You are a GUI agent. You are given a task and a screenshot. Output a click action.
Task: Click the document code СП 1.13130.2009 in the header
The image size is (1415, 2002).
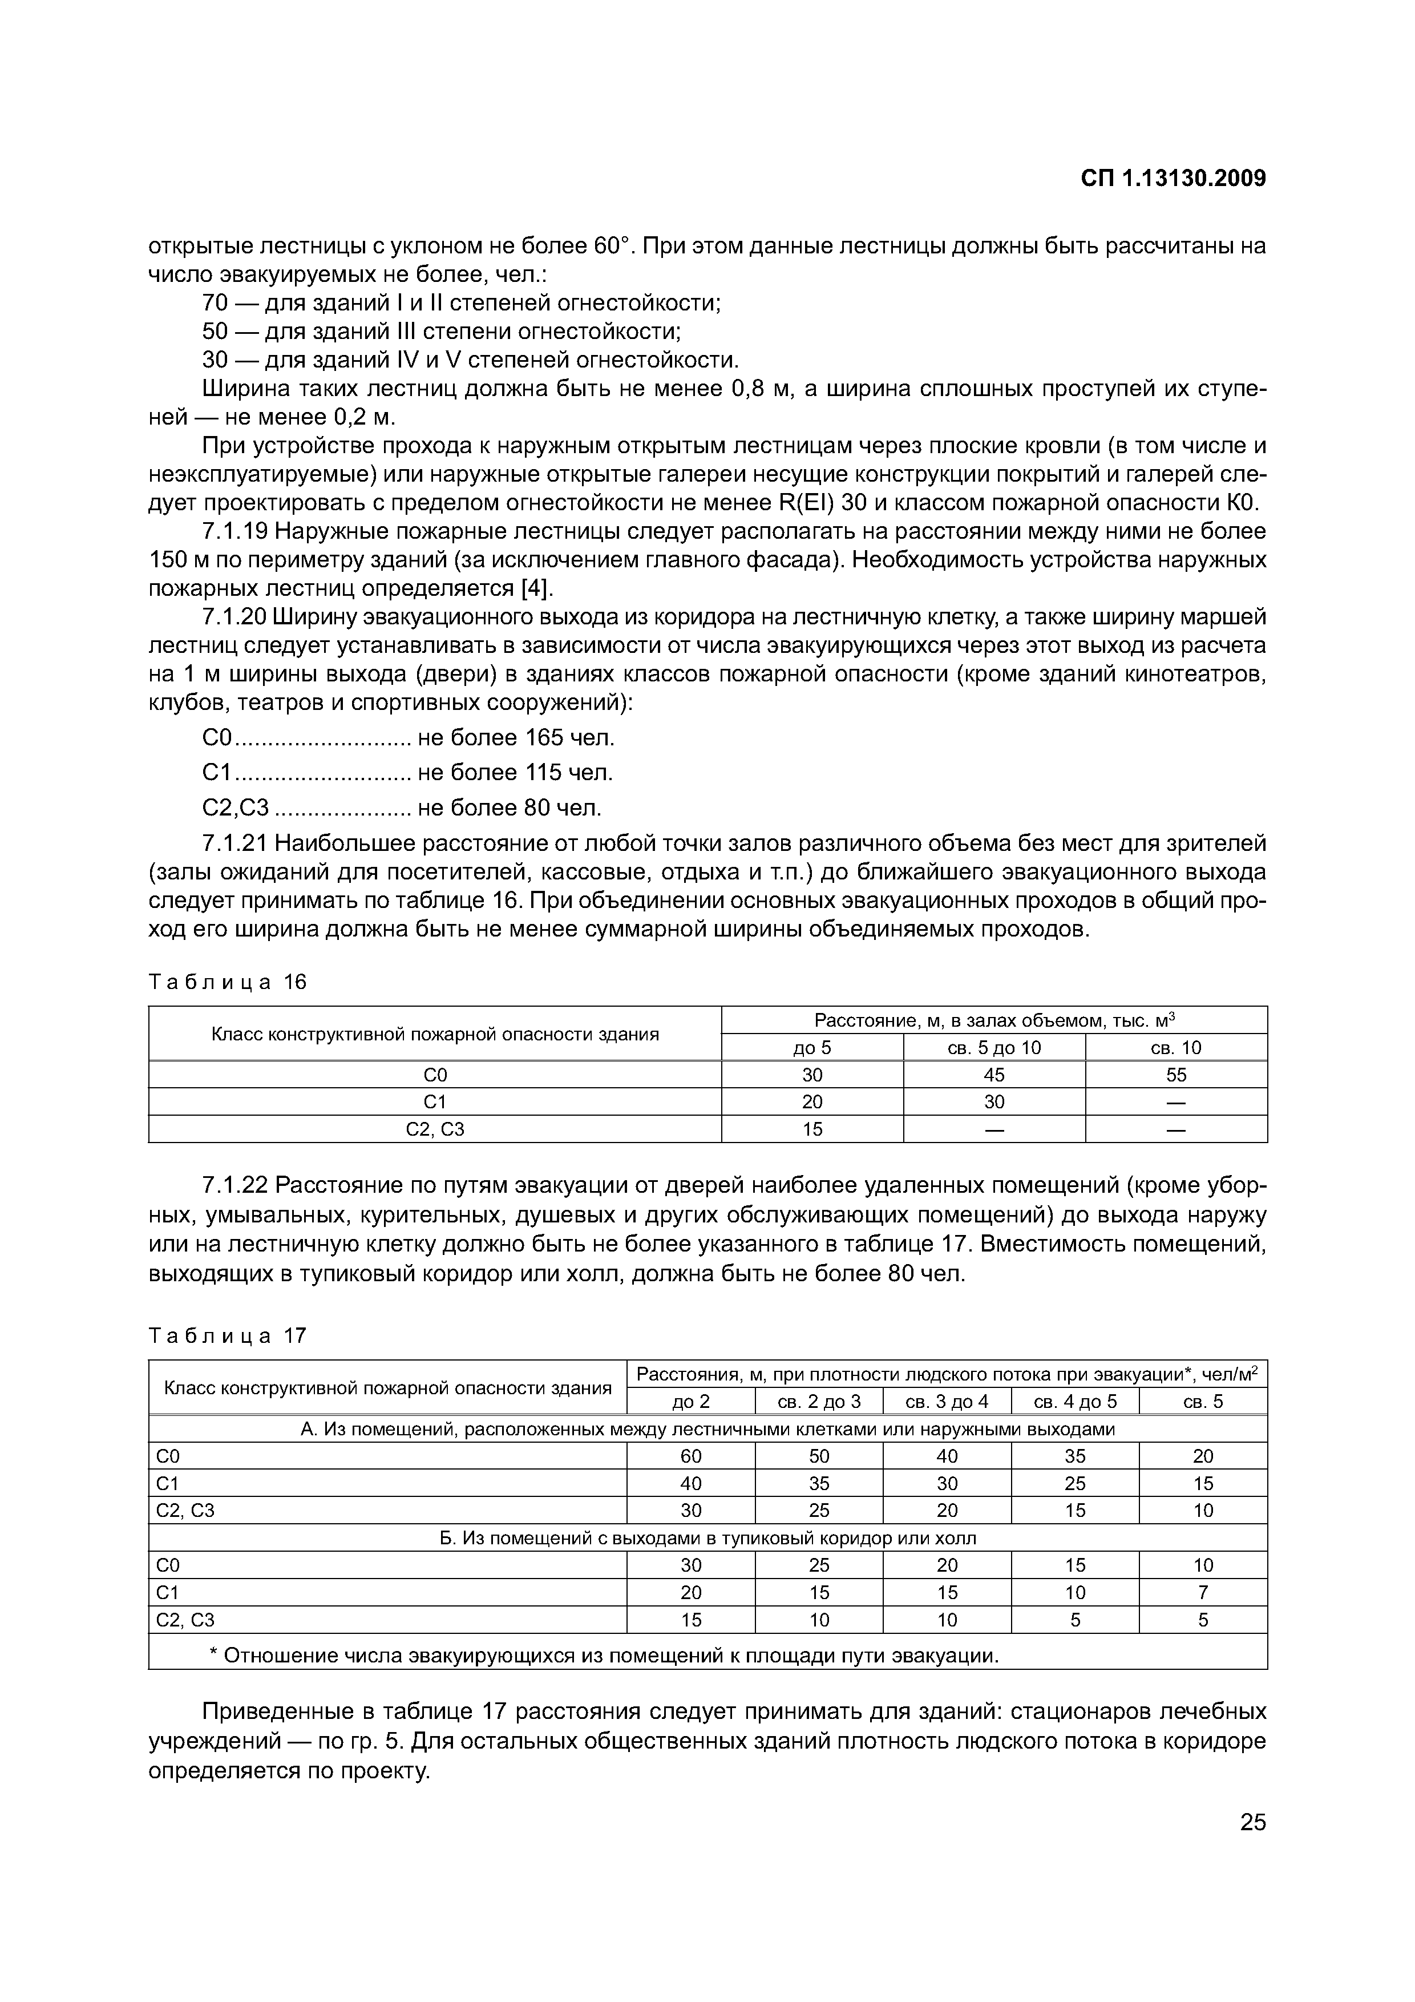(1173, 178)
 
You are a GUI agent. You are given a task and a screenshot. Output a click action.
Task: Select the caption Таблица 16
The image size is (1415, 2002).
(228, 982)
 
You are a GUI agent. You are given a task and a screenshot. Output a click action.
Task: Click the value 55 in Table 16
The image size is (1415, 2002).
(1175, 1074)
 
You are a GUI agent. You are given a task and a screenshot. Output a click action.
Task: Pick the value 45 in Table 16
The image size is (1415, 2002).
(994, 1074)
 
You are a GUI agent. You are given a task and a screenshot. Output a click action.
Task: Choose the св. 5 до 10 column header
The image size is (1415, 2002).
(994, 1047)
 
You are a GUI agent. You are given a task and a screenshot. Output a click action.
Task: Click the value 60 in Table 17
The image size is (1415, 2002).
(690, 1455)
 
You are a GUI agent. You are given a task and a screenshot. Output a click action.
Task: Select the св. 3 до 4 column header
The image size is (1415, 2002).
(947, 1401)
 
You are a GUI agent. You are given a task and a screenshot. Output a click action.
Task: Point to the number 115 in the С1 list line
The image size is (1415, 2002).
(542, 773)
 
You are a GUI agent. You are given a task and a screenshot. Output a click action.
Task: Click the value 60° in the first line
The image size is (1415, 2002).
(611, 246)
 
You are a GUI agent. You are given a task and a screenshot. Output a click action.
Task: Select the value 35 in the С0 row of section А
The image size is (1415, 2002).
(1075, 1455)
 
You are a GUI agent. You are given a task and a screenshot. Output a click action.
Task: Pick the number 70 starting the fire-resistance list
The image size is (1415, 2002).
(215, 302)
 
